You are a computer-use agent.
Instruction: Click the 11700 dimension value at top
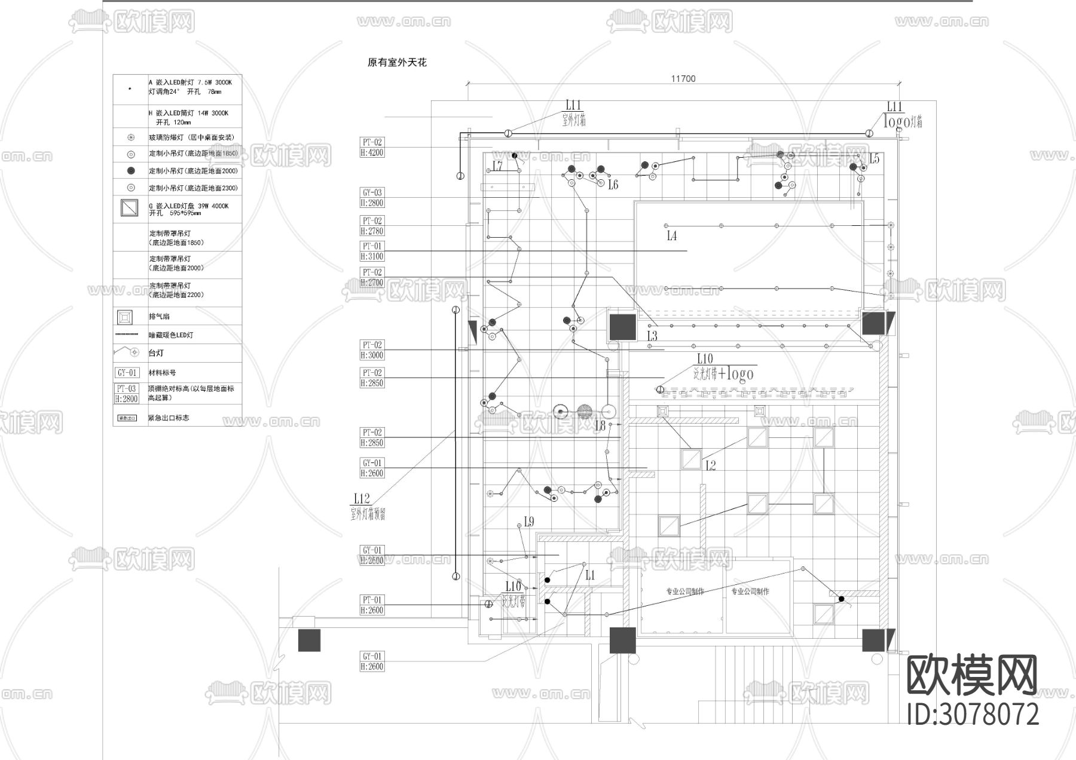(x=683, y=79)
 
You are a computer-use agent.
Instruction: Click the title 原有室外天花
(x=397, y=63)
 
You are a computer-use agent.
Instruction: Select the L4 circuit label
(x=672, y=236)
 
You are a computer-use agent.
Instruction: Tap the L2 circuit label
(x=710, y=465)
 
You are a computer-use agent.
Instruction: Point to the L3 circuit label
(x=652, y=336)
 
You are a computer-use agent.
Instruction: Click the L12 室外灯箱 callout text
(x=366, y=506)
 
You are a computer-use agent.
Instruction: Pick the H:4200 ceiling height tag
(x=372, y=153)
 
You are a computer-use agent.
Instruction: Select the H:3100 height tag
(x=372, y=256)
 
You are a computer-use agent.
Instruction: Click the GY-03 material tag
(x=372, y=192)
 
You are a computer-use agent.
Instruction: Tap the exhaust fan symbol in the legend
(x=125, y=316)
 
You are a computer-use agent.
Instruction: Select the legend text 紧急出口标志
(x=169, y=418)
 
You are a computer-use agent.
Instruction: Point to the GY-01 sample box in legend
(x=127, y=373)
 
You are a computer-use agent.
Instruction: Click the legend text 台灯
(x=156, y=353)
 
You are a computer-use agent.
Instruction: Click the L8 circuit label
(x=600, y=426)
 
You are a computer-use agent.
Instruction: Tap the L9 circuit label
(x=528, y=522)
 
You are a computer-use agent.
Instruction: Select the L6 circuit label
(x=613, y=185)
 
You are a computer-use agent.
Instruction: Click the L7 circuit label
(x=497, y=166)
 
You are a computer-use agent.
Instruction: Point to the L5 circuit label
(x=874, y=159)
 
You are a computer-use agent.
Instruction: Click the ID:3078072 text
(x=973, y=714)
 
